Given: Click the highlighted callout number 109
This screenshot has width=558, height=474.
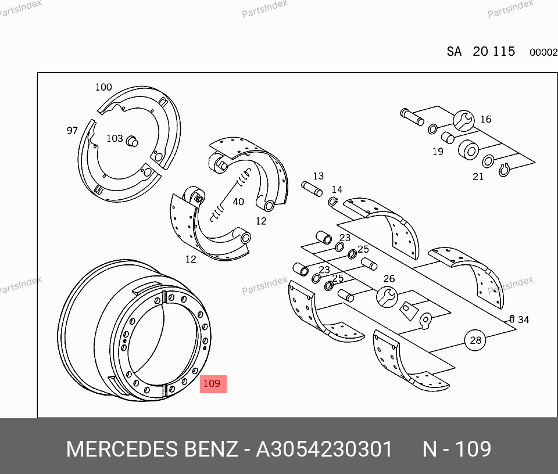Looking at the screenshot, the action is (x=213, y=384).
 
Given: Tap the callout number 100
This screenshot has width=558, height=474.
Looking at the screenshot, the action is (x=103, y=87).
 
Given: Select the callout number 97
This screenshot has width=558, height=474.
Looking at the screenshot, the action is (x=72, y=131).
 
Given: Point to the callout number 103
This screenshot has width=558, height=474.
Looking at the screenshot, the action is (x=115, y=138).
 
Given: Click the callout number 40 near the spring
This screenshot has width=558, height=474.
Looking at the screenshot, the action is (x=238, y=202).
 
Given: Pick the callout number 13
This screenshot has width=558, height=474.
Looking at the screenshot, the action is (x=319, y=176).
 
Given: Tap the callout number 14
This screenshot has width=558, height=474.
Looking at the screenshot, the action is (x=337, y=189).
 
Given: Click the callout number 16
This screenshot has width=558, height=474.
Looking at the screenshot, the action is (x=486, y=119).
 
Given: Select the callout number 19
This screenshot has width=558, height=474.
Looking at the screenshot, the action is (x=438, y=152).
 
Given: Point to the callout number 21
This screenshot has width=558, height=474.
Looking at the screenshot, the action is (x=478, y=177).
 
